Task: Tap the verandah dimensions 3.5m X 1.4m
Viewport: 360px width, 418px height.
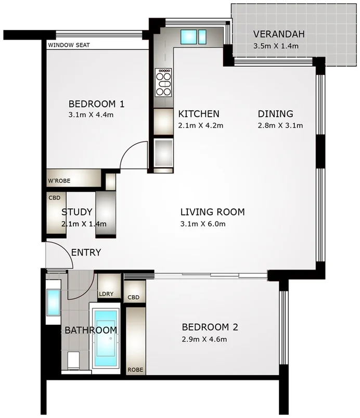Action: point(276,46)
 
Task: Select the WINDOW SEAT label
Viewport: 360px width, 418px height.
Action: point(69,45)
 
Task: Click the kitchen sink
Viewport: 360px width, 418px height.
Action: point(191,36)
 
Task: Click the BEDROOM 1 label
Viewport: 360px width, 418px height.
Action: point(96,103)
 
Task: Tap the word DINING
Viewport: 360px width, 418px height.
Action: point(276,113)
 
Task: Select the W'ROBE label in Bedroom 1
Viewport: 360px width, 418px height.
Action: point(59,181)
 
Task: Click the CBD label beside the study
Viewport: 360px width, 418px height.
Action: point(54,198)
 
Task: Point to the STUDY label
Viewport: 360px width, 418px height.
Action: point(77,212)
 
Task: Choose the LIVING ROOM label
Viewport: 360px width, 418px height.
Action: point(212,212)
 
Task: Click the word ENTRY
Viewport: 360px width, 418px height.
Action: point(86,253)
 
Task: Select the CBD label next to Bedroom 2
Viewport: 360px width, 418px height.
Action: point(134,297)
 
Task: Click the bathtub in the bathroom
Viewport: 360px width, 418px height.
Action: point(109,339)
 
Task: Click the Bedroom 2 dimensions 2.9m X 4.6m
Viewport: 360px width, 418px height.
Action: point(204,339)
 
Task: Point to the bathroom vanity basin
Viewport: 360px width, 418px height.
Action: point(53,301)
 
